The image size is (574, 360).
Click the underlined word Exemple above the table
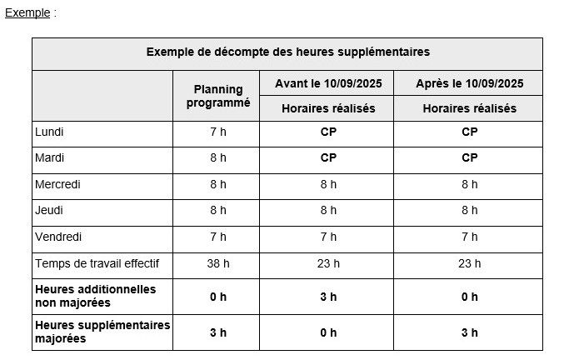[x=27, y=13]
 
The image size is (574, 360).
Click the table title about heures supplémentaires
[x=287, y=52]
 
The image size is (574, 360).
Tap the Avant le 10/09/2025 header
[x=328, y=82]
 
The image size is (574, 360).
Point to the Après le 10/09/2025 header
[x=469, y=82]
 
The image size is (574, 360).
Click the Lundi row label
[x=49, y=132]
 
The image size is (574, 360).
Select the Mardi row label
[x=49, y=157]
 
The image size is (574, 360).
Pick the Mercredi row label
[x=58, y=184]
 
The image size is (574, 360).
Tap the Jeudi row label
[x=49, y=211]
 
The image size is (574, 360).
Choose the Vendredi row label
[x=58, y=237]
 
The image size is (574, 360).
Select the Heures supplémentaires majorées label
[x=102, y=331]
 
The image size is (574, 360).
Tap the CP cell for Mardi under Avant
[x=328, y=157]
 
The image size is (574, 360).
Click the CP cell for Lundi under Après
[x=469, y=132]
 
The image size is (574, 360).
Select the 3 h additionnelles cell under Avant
[x=328, y=297]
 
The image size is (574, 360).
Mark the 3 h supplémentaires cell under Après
[x=469, y=332]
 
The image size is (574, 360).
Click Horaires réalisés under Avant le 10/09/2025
[x=328, y=108]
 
